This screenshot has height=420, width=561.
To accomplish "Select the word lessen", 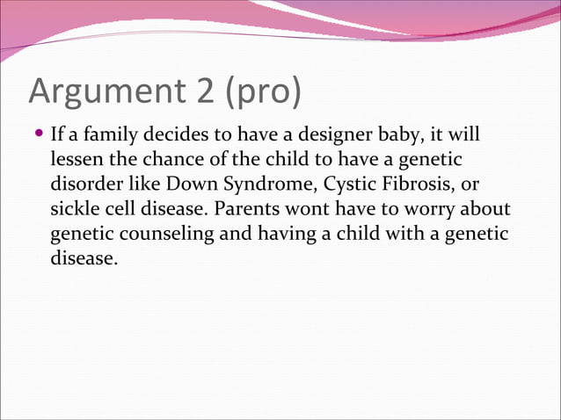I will pyautogui.click(x=76, y=163).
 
